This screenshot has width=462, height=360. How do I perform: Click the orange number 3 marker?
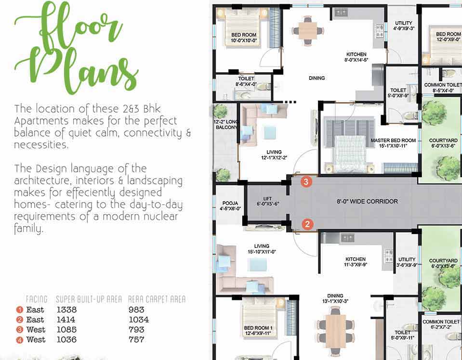(x=306, y=181)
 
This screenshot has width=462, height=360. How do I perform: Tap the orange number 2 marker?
(x=307, y=224)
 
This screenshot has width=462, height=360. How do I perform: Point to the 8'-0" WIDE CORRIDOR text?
(x=368, y=201)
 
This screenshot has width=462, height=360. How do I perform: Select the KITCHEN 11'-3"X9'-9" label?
(x=356, y=262)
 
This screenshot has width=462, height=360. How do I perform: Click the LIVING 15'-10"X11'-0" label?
(x=262, y=249)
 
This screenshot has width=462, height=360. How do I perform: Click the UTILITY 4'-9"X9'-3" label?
(x=404, y=26)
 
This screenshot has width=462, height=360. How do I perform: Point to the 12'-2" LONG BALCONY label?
(x=226, y=125)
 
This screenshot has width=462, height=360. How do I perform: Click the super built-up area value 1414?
(x=66, y=320)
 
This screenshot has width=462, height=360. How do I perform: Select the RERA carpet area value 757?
(x=136, y=340)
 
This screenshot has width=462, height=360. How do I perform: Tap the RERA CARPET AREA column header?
(x=157, y=299)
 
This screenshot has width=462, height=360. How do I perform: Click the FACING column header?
(x=37, y=299)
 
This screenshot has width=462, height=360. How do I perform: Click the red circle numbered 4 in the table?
(x=19, y=340)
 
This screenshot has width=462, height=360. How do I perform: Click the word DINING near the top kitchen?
(x=317, y=78)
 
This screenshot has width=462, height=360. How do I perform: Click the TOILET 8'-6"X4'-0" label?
(x=246, y=81)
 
